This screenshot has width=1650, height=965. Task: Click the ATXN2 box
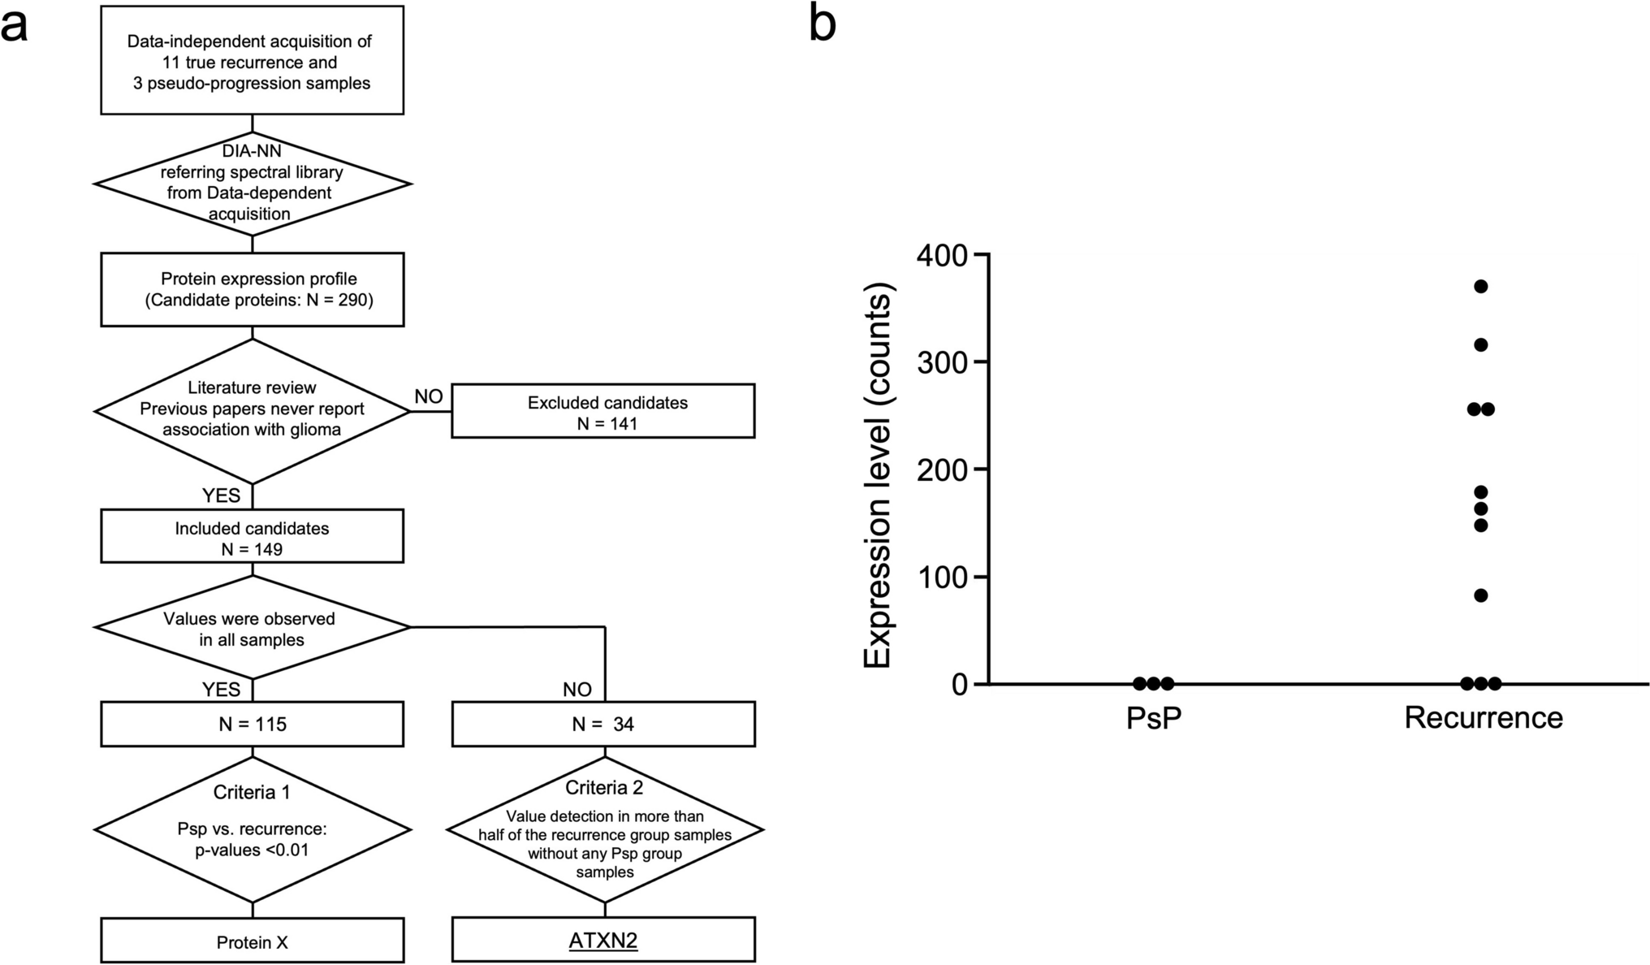point(603,941)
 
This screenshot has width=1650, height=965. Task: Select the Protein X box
point(252,941)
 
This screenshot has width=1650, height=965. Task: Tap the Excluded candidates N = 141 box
point(603,412)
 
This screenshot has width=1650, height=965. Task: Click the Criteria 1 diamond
point(252,829)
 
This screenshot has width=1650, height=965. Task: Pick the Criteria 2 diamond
point(604,829)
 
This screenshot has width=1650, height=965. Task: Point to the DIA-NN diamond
point(252,184)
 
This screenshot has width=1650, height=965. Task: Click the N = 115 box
point(252,723)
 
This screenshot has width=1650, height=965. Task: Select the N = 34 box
point(603,723)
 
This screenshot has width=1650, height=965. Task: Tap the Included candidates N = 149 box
point(252,537)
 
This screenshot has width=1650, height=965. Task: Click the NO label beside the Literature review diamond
point(428,396)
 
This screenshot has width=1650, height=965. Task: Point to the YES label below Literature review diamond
point(221,495)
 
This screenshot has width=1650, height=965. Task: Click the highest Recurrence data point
point(1480,286)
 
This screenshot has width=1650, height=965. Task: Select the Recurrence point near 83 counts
point(1480,595)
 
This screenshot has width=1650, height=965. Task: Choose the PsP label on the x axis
point(1153,718)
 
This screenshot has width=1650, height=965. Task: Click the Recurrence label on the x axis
point(1483,718)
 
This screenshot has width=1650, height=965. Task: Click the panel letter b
point(822,24)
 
